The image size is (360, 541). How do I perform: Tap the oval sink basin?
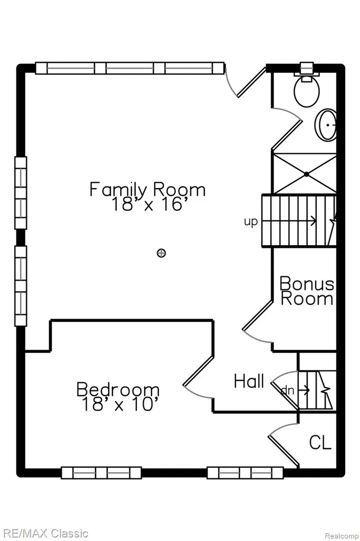[326, 125]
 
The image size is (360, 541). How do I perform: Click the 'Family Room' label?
[148, 190]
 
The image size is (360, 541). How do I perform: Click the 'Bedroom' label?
[118, 389]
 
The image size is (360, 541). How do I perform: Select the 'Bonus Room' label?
[307, 291]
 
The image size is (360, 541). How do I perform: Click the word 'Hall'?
[249, 381]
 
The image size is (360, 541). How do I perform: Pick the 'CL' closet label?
[320, 442]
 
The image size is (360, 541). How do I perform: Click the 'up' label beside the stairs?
[251, 222]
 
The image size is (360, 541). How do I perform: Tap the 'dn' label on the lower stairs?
[288, 390]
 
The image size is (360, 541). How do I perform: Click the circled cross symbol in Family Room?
[162, 253]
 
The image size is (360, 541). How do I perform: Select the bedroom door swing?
[199, 378]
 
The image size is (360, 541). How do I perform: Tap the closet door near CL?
[283, 445]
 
